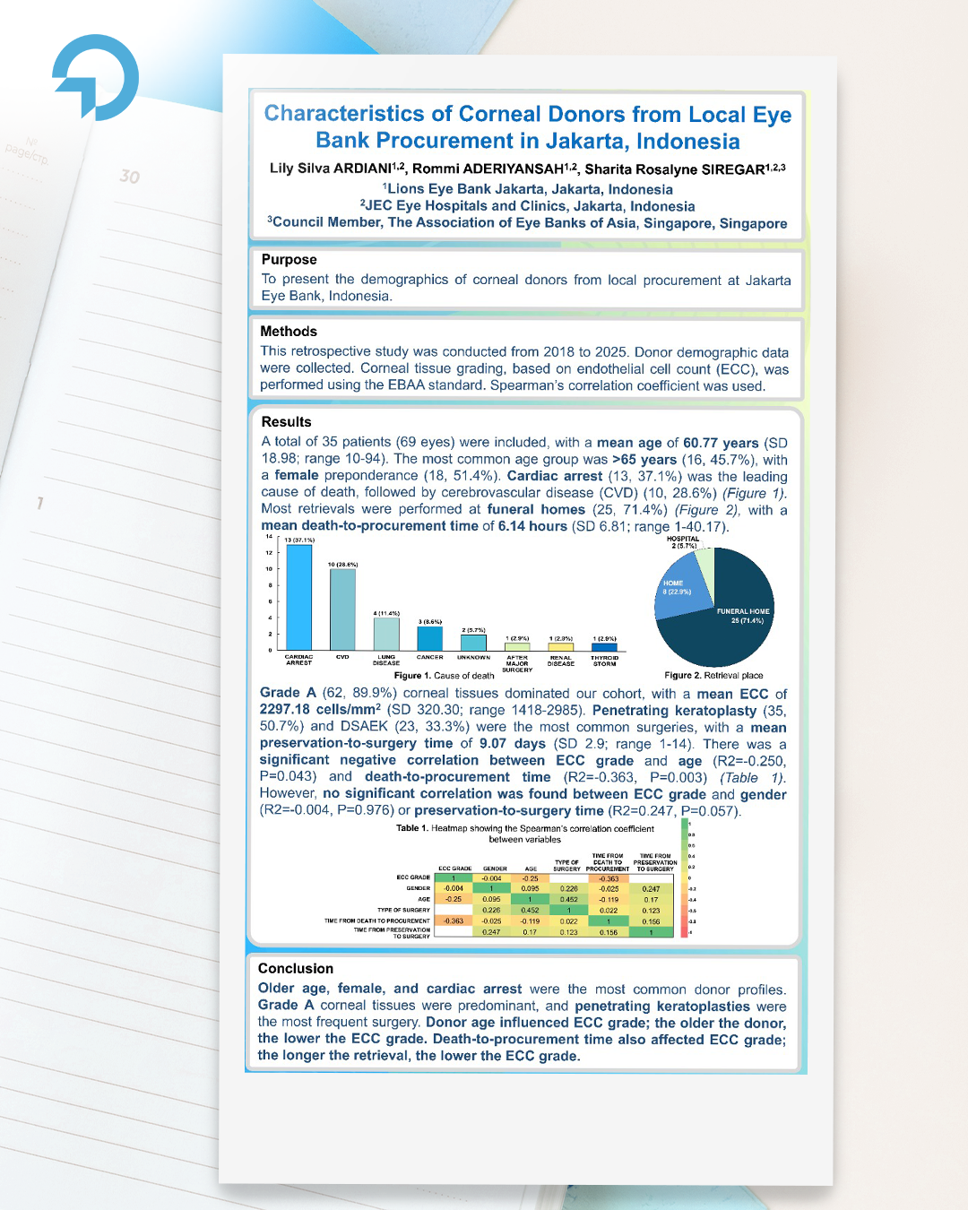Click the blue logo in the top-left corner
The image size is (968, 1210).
point(96,77)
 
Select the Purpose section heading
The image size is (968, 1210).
point(289,260)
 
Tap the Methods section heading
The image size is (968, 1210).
point(289,332)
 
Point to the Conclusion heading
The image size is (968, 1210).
point(296,969)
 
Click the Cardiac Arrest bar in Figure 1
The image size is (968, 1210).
point(298,597)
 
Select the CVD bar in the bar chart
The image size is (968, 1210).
point(342,609)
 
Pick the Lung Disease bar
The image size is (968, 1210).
point(386,634)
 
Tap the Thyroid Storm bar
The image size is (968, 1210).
point(604,646)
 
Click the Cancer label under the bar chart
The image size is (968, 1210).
point(429,658)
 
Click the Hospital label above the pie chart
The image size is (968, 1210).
point(683,540)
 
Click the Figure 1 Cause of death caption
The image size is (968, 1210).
point(445,676)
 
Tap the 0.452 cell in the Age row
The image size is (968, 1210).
point(568,899)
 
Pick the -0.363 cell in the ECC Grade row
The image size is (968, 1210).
point(609,878)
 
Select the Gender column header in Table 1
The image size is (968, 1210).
point(495,869)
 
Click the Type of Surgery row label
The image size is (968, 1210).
point(403,910)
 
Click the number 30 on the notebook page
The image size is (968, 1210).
point(130,177)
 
